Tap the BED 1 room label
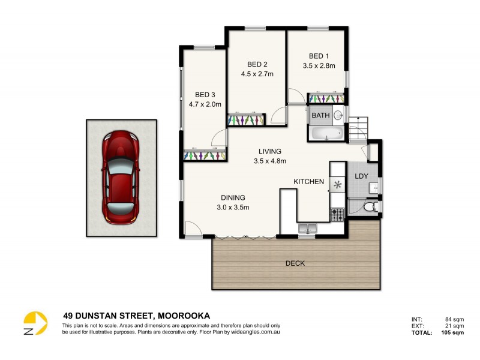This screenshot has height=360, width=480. tap(319, 56)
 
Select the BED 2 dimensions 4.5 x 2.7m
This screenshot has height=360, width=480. tap(257, 74)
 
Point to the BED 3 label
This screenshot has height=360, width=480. tap(205, 95)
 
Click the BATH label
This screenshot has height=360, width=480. tap(320, 115)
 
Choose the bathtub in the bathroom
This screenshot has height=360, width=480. tap(326, 133)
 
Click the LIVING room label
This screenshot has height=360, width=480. tap(270, 151)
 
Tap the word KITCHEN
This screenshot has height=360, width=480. tap(308, 182)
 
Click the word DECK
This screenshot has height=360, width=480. tap(295, 263)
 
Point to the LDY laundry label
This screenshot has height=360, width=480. tap(361, 176)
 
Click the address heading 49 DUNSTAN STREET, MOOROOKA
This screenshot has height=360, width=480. tap(136, 315)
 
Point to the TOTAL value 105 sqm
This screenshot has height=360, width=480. tap(450, 332)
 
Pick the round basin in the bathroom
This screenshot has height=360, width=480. tap(338, 115)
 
